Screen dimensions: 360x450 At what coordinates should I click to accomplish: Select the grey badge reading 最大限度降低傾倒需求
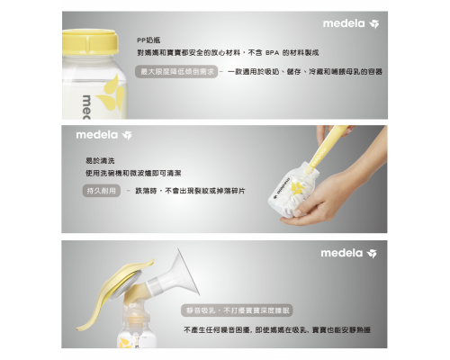(177, 70)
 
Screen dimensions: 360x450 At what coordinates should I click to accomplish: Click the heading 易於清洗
(97, 160)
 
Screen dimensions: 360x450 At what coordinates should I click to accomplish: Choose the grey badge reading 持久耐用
(101, 191)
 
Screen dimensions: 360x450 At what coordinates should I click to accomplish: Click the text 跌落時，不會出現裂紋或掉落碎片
(190, 191)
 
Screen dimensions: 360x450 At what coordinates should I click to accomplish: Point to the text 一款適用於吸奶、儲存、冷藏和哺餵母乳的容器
(306, 70)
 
